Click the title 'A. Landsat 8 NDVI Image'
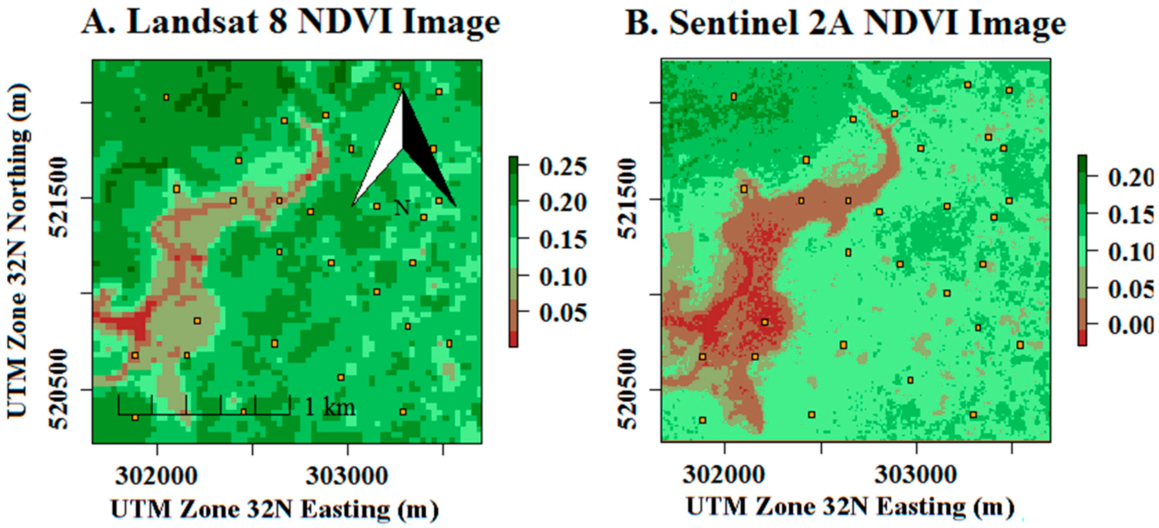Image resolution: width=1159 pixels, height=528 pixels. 291,23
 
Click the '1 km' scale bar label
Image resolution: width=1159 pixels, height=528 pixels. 330,407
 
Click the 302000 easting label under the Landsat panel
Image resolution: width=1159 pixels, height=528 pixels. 156,476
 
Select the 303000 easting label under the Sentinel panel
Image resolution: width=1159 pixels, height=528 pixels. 915,475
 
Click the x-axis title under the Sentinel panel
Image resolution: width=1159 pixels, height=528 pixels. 850,507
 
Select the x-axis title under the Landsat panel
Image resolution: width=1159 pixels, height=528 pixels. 274,509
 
